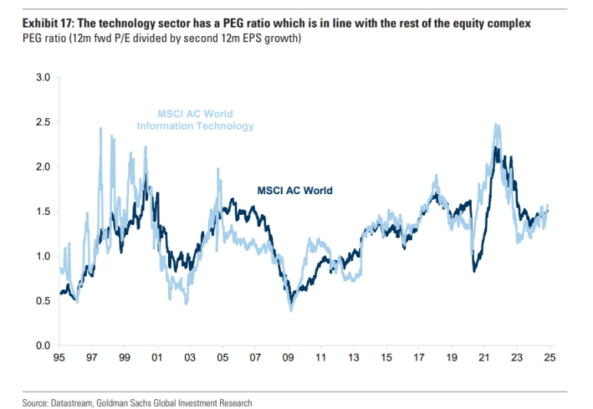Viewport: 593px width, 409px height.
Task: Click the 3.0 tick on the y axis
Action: click(x=42, y=78)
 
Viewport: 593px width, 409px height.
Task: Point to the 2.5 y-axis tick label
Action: click(x=42, y=122)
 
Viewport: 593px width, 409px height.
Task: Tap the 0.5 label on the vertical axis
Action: click(x=42, y=301)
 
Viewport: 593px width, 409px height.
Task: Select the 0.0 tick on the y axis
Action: click(x=42, y=345)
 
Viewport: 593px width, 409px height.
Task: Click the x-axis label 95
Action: click(x=59, y=357)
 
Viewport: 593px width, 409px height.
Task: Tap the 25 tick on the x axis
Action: click(x=549, y=357)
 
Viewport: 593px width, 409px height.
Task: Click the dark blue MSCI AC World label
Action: click(x=295, y=190)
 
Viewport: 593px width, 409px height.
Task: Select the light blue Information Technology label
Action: click(x=195, y=126)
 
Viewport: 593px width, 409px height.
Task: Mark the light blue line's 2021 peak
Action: click(x=496, y=125)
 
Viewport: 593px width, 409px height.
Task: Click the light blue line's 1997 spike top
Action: click(x=100, y=129)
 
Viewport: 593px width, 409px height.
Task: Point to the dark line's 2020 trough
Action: click(x=475, y=271)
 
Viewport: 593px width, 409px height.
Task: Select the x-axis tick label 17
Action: click(x=419, y=357)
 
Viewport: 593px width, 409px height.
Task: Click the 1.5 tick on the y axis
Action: click(x=42, y=211)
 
